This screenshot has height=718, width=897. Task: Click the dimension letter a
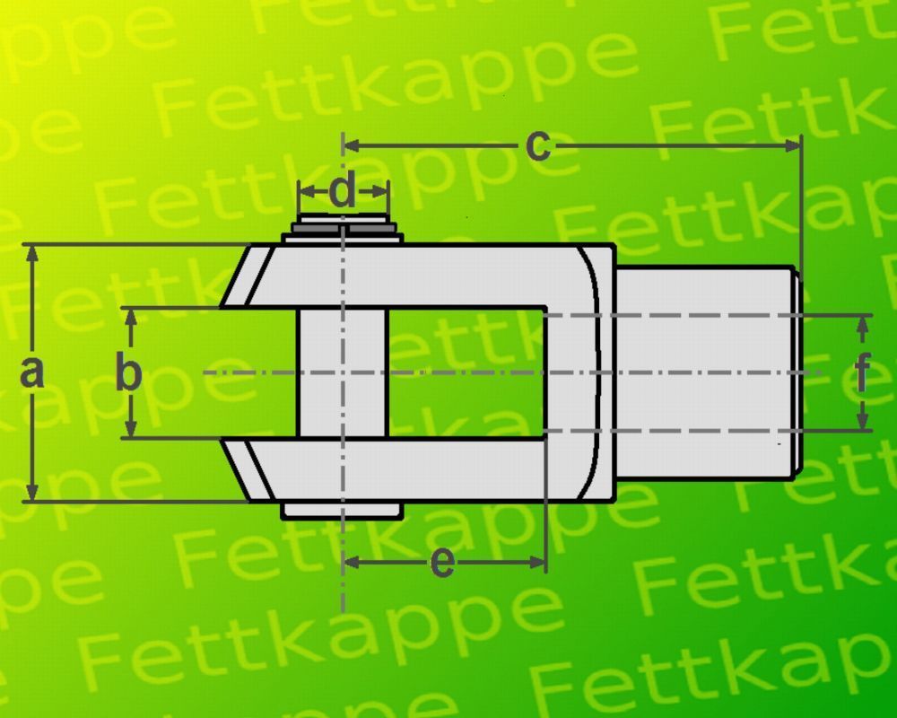click(x=32, y=372)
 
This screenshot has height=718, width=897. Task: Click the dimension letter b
click(x=130, y=372)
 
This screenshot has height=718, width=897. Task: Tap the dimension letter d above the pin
click(x=344, y=192)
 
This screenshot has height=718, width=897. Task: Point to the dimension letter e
click(x=442, y=563)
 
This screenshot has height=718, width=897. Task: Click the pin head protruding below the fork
click(x=342, y=510)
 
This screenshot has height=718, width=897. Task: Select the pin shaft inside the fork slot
click(x=342, y=372)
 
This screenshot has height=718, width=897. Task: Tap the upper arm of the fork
click(x=422, y=275)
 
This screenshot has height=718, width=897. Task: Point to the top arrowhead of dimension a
click(x=32, y=252)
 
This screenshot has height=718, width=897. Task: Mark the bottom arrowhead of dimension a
click(x=32, y=493)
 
